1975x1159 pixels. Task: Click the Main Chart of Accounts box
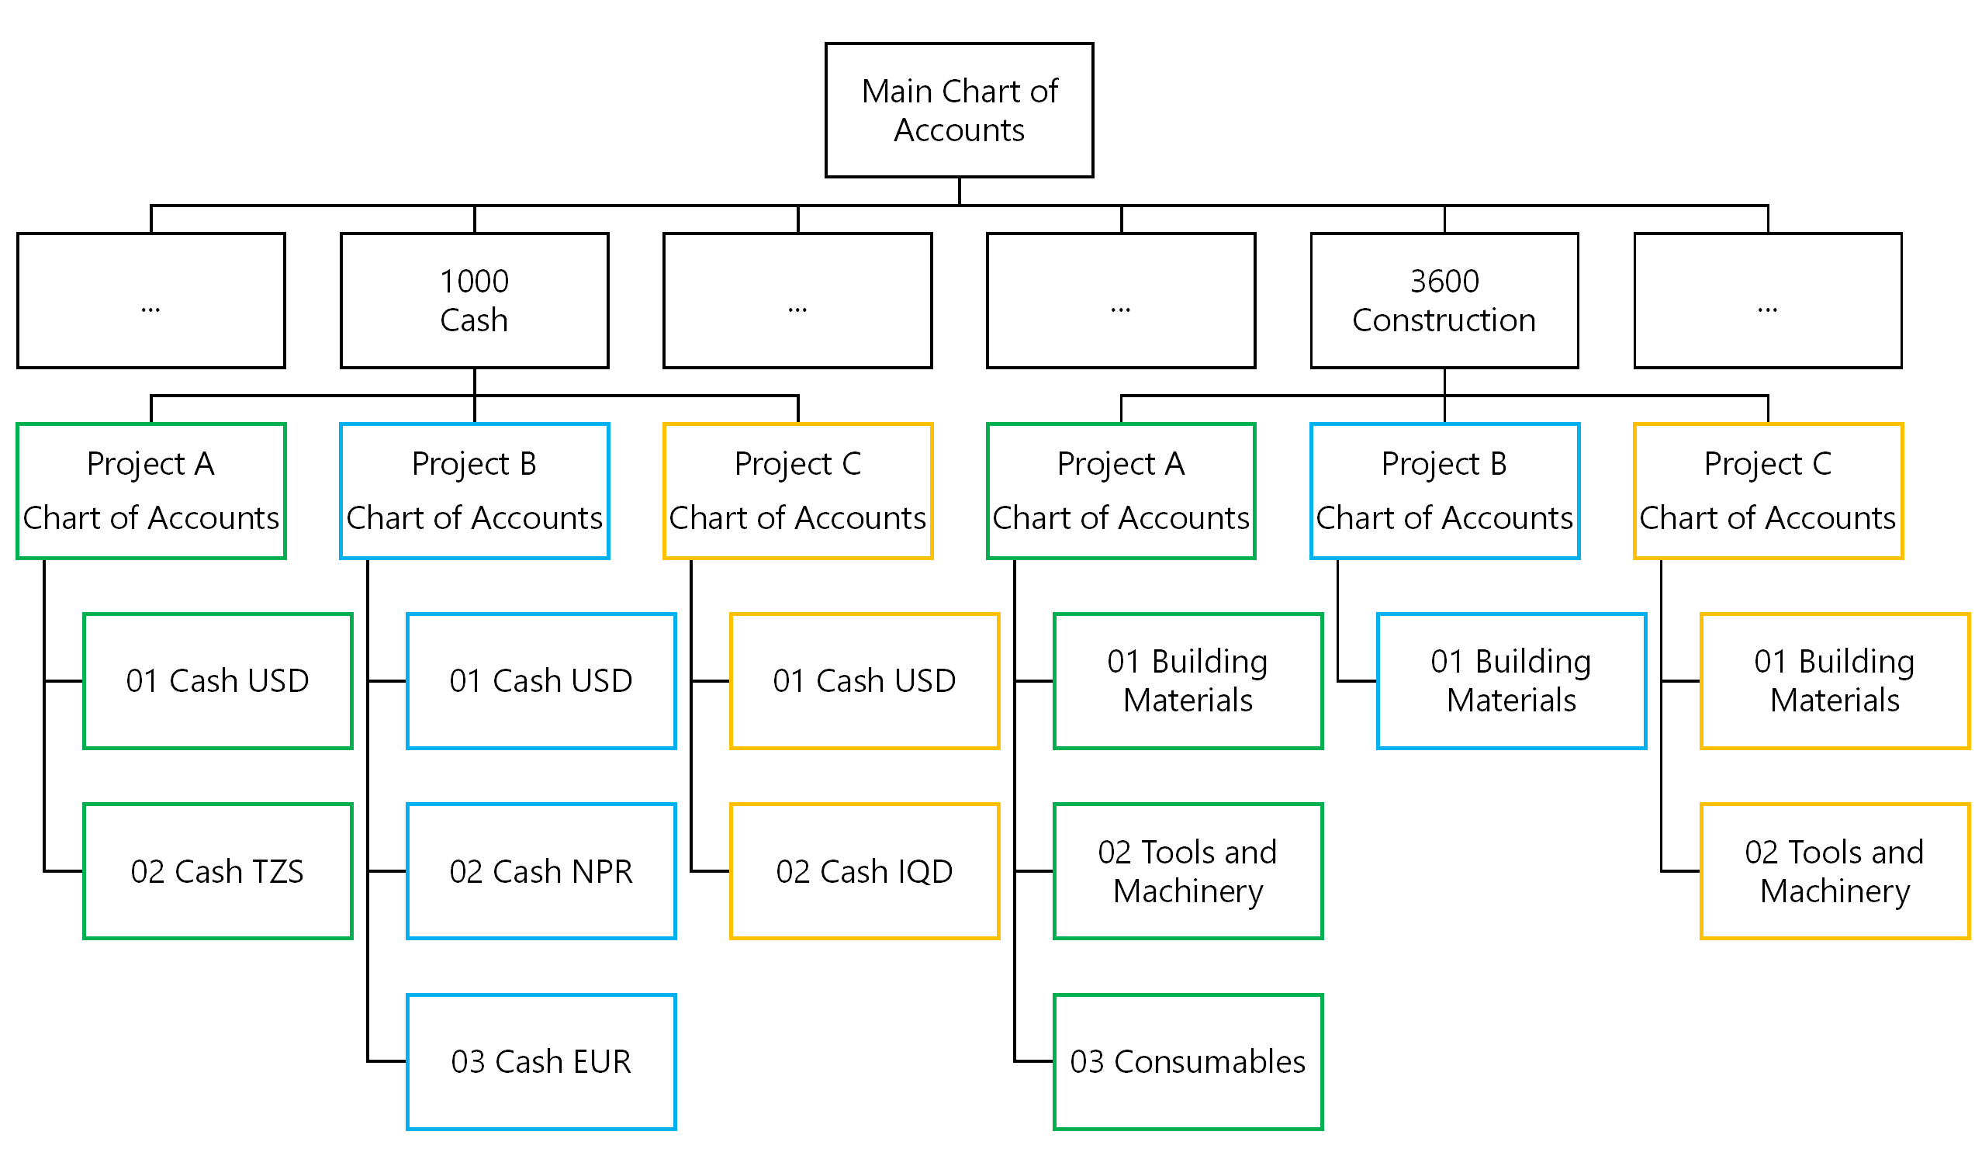[960, 110]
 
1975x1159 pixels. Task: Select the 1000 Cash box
[474, 300]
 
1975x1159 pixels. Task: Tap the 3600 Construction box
[1444, 300]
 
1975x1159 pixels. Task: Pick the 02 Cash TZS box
[218, 871]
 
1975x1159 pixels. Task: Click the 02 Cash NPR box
[541, 871]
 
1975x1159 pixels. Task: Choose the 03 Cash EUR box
[541, 1062]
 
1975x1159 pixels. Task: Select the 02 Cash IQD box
[864, 871]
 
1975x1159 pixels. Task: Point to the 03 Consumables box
[1188, 1062]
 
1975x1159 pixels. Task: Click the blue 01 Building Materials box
[1511, 681]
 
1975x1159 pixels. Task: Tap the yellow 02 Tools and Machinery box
[1835, 871]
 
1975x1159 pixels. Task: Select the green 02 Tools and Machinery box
[1188, 871]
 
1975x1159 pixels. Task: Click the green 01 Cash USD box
[218, 681]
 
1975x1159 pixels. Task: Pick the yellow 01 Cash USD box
[864, 681]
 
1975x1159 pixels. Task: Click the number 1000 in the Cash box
[474, 282]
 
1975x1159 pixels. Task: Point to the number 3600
[1444, 282]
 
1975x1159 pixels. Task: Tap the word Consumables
[1209, 1062]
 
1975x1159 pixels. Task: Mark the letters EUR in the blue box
[602, 1062]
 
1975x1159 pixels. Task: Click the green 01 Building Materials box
[1188, 681]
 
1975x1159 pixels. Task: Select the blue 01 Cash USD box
[541, 681]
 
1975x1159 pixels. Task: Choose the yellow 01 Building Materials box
[1835, 681]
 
